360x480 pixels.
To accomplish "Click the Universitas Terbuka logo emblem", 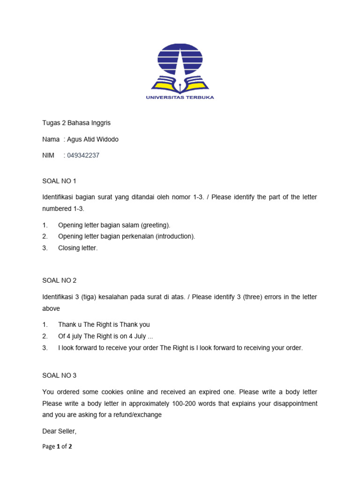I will click(180, 67).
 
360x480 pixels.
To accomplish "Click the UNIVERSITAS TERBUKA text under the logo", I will click(180, 97).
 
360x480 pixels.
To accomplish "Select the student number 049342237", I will click(83, 155).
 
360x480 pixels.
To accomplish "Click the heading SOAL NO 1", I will click(59, 180).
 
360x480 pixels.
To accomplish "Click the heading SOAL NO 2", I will click(59, 280).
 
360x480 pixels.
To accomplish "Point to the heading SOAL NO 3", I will click(59, 375).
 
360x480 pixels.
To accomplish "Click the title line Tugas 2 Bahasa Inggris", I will click(76, 123).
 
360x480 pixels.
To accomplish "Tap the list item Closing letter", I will click(78, 248).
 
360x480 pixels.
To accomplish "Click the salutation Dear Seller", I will click(59, 431).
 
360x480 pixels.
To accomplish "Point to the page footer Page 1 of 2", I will click(57, 447).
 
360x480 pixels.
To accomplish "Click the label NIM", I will click(48, 155).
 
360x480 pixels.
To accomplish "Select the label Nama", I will click(51, 139).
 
